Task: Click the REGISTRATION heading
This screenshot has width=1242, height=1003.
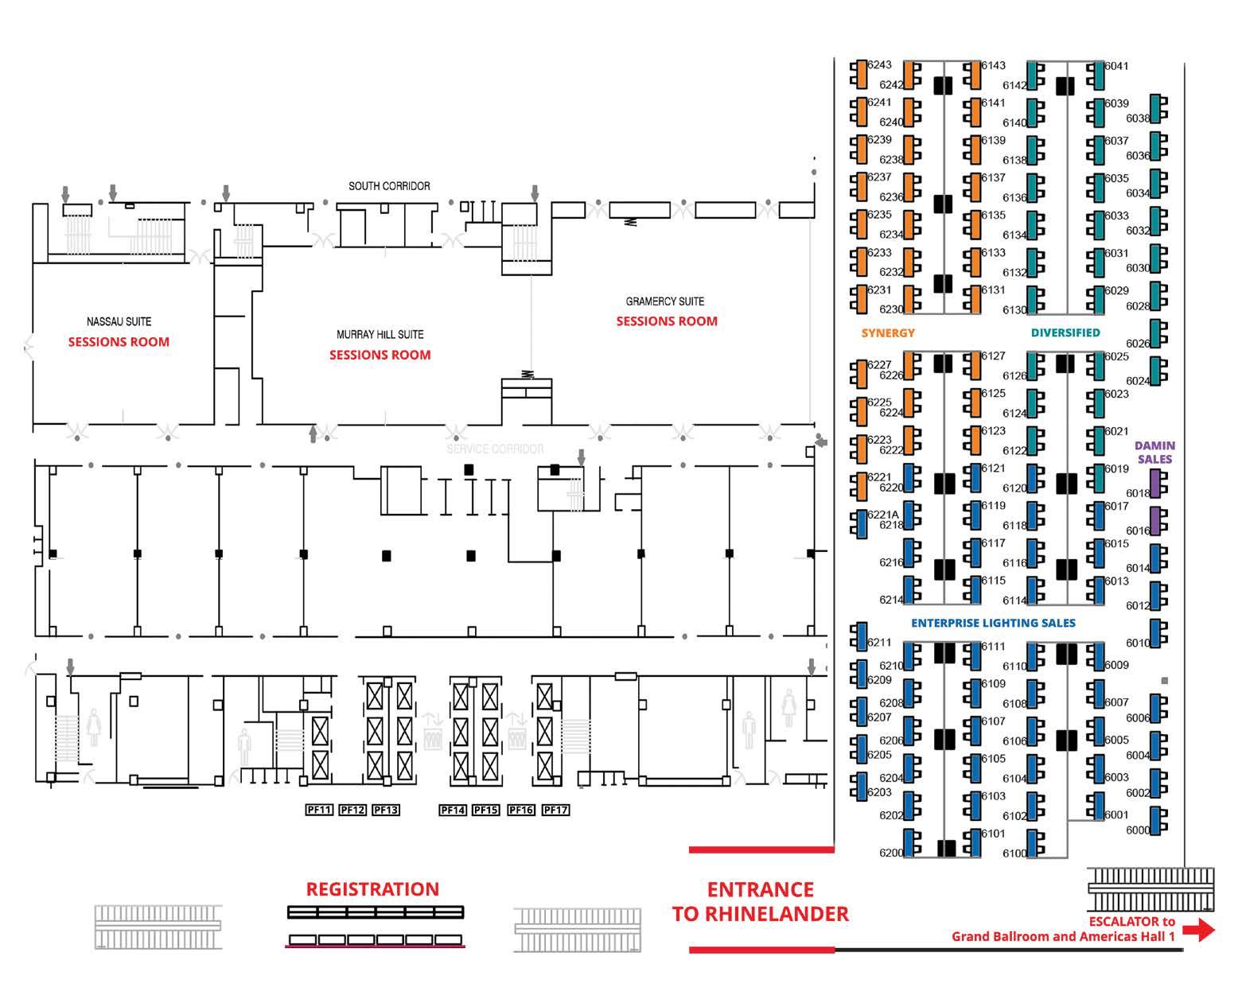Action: pos(372,889)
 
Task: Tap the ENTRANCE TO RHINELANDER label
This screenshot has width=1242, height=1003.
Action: pos(760,902)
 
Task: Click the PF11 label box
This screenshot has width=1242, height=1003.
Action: pos(319,810)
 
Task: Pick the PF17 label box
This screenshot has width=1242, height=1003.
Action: pos(555,810)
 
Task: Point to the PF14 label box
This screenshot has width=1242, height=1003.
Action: pos(452,810)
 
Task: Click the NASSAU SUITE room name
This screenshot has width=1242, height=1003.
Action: pos(119,321)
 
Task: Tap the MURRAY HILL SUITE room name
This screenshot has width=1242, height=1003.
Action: pos(380,335)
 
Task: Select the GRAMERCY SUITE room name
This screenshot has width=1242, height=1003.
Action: pos(664,301)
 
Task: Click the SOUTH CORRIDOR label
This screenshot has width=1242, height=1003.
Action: pos(389,186)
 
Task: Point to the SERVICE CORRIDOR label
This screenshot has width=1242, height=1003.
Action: pos(495,449)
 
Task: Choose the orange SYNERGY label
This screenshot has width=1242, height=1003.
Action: pos(888,332)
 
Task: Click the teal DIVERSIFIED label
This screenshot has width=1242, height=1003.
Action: pos(1065,332)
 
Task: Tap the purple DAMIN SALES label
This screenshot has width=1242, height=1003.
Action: pos(1154,453)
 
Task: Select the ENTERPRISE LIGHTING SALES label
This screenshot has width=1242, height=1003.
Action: pos(993,623)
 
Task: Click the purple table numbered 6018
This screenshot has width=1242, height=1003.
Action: pos(1158,484)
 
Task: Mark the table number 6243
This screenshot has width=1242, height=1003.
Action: pos(880,65)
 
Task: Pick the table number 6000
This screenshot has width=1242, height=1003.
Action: pos(1138,830)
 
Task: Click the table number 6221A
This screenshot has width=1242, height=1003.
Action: pos(883,515)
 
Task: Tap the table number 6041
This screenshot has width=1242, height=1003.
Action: pos(1117,66)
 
